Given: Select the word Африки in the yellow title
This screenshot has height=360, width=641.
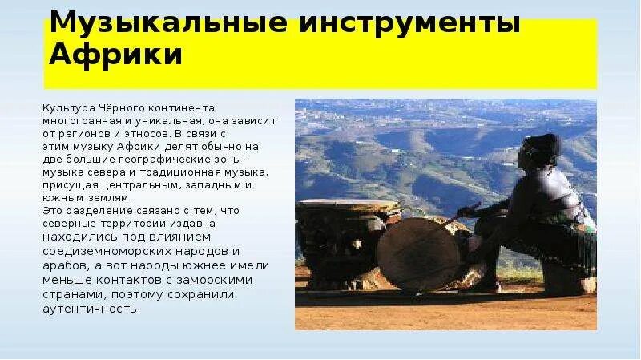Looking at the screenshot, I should (x=117, y=55).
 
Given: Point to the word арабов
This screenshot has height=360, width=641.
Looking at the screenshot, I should (x=67, y=265).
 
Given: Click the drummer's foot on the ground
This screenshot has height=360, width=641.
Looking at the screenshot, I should (x=485, y=285).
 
